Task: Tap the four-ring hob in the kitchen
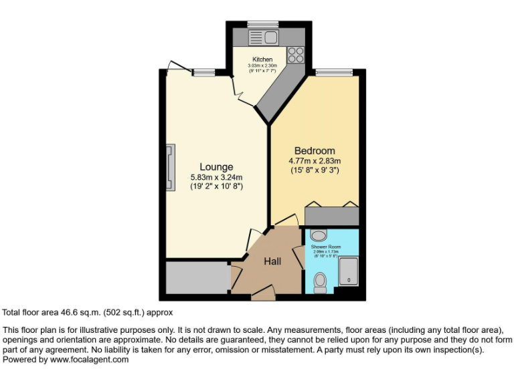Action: coord(296,54)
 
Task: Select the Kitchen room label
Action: coord(262,59)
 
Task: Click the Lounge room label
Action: coord(216,167)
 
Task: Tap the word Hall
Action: coord(272,261)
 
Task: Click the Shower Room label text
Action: coord(326,247)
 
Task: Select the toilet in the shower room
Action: coord(320,282)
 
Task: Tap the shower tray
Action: coord(347,270)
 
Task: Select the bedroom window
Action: coord(334,72)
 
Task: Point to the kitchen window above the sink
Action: coord(258,25)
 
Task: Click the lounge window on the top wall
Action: coord(203,72)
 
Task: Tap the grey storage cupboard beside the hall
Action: coord(197,278)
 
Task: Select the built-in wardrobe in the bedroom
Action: coord(332,216)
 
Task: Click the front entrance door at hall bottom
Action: coord(263,291)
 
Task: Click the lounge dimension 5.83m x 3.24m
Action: coord(216,177)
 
